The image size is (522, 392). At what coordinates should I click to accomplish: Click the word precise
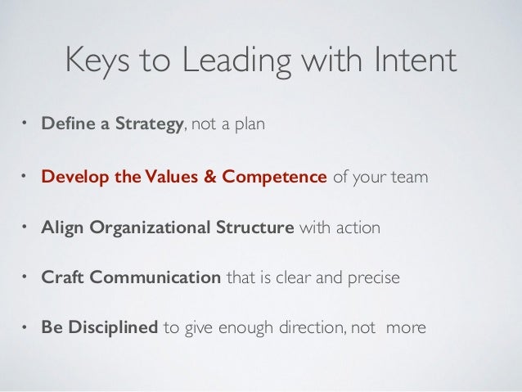point(374,277)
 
